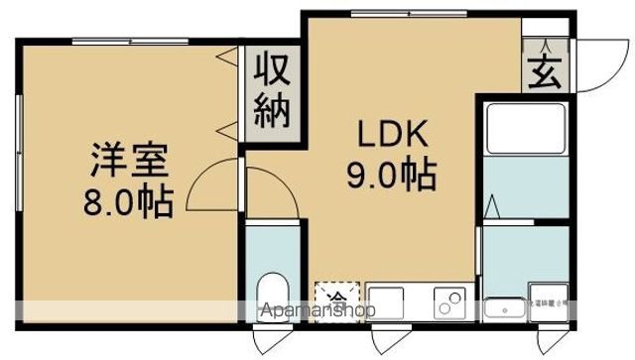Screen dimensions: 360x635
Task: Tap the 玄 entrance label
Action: [x=544, y=71]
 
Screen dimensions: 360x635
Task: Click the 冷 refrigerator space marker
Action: [x=338, y=298]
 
